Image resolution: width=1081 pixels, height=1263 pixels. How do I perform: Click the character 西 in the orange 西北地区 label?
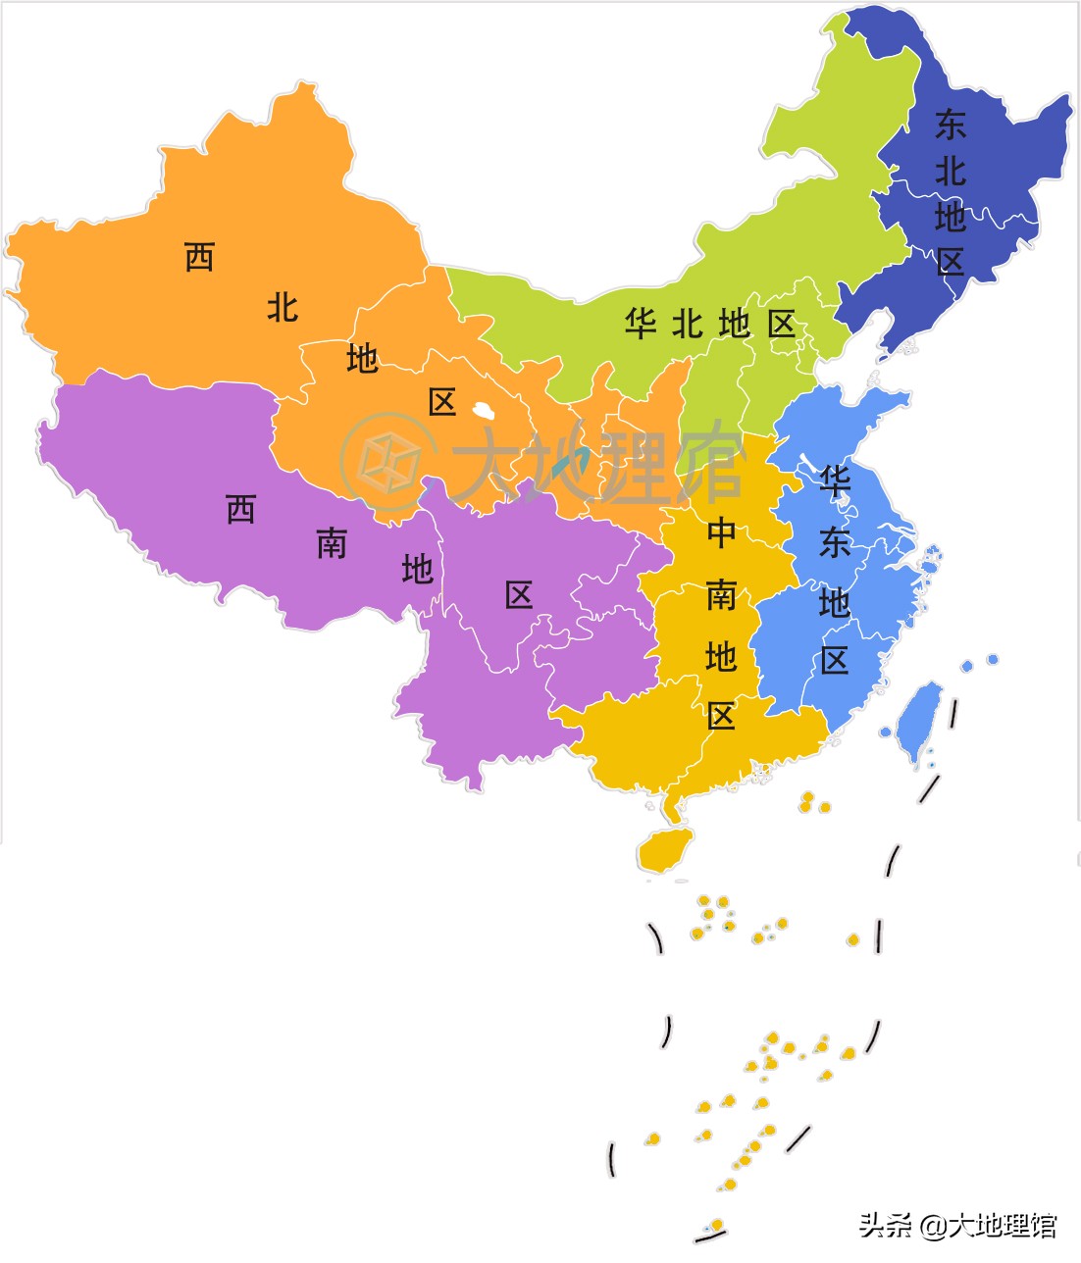click(x=199, y=258)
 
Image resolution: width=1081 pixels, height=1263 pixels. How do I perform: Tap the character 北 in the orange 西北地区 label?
click(x=283, y=308)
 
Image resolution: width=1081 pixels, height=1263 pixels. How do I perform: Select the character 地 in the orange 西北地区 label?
click(x=362, y=359)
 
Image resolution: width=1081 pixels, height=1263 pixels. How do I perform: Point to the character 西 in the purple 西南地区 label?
click(x=241, y=509)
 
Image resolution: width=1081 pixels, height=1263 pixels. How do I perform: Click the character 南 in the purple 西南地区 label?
click(x=332, y=543)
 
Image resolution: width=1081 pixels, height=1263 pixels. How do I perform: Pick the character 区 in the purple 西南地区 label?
click(x=519, y=594)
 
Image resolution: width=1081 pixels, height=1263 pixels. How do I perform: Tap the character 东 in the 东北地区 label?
click(x=950, y=125)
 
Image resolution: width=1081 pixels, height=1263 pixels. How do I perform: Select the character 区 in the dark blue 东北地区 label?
click(x=951, y=261)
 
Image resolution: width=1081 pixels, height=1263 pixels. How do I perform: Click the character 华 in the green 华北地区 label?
click(x=641, y=323)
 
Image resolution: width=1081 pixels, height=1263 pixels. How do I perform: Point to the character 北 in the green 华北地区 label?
click(x=688, y=323)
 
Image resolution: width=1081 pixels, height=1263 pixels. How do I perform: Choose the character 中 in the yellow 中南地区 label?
click(x=721, y=533)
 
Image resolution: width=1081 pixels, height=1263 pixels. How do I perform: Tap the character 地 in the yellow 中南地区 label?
click(x=721, y=656)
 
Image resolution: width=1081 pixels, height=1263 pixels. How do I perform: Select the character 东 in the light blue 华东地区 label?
click(x=835, y=542)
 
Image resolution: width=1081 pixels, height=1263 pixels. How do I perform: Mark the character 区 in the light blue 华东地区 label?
click(x=835, y=661)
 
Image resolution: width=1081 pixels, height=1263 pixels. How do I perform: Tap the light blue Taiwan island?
click(x=919, y=720)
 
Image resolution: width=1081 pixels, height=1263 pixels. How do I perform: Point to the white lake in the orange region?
click(x=483, y=410)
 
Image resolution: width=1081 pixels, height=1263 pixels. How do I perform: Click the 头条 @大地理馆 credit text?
click(x=958, y=1225)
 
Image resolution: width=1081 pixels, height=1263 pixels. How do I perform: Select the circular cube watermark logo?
click(x=389, y=462)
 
